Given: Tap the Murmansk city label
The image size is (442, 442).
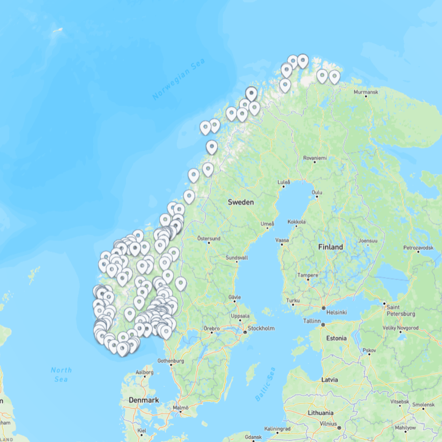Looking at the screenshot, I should pos(365,92).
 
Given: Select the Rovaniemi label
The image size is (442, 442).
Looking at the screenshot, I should pos(315,158).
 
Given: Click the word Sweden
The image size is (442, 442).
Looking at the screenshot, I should pos(241,202).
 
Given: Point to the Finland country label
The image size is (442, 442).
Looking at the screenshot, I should pos(330,247).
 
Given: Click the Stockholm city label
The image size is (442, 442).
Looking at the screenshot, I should pos(261,328).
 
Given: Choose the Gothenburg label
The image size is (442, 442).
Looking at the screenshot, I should pos(171,361).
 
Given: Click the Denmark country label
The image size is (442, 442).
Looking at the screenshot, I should pos(144,400).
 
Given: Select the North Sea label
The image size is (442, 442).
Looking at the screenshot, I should pos(61,374).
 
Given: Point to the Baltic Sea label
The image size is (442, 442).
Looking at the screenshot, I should pos(265,384).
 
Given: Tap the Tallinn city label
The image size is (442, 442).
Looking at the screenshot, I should pos(312,321).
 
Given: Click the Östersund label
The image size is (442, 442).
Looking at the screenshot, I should pos(209,238).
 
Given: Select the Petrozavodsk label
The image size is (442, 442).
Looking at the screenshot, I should pos(418,248).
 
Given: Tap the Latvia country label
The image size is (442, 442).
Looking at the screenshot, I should pos(329,379).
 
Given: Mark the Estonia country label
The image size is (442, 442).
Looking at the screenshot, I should pos(336,338).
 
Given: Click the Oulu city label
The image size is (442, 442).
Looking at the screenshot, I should pos(317,192).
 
